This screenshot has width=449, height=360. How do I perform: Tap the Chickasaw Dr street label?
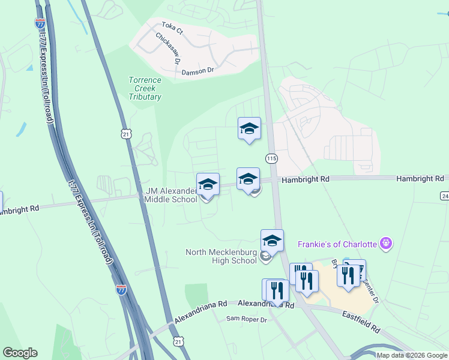click(x=168, y=49)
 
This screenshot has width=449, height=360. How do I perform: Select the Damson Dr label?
click(x=197, y=71)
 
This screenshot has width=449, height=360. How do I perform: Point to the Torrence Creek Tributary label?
click(x=145, y=88)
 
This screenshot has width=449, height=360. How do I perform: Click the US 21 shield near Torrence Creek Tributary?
click(x=125, y=134)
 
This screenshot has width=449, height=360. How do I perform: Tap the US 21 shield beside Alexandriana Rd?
click(x=178, y=341)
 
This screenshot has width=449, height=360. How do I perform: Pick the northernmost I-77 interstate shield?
click(x=40, y=23)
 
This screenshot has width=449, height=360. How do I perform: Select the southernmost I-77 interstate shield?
click(x=121, y=289)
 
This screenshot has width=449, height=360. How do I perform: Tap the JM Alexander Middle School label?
click(x=171, y=195)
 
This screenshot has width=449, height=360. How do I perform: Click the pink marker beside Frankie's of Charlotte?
click(x=385, y=244)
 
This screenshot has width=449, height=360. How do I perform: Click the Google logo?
click(x=20, y=353)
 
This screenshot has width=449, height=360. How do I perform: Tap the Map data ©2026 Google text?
click(x=412, y=355)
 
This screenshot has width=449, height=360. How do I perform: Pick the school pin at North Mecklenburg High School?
click(x=272, y=241)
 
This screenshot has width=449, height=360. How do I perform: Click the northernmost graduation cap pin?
click(x=249, y=128)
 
